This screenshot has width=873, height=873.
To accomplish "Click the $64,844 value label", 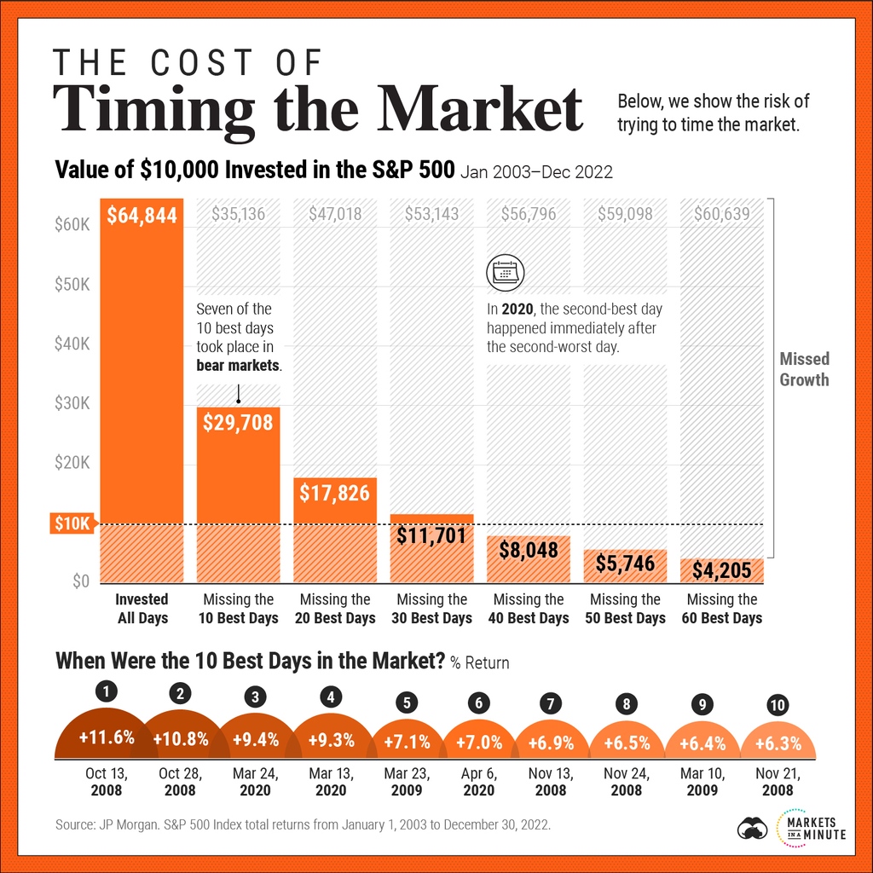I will point(142,216).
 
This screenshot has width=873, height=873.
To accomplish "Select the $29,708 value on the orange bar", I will point(238,421).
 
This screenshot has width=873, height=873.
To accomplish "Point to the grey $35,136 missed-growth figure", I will point(238,213).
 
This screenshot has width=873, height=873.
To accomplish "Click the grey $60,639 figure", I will point(721,213).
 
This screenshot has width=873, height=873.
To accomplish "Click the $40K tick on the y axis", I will point(72,344).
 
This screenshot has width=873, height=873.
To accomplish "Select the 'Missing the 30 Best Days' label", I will point(432,609).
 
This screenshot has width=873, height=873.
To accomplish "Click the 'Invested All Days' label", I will point(142,609).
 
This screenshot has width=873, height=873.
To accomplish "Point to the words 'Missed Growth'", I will point(804,369).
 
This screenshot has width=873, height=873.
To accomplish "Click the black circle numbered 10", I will point(778,704).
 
